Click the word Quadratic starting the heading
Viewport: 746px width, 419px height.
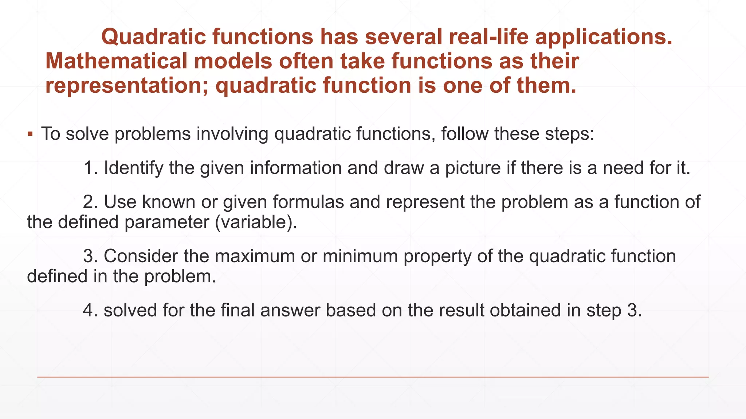(153, 37)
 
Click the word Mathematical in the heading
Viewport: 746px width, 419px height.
(115, 61)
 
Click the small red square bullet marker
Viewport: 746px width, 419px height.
(31, 134)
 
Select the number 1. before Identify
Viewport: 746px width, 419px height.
(91, 168)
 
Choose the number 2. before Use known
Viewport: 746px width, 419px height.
(91, 202)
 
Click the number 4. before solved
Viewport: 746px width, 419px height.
(91, 311)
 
